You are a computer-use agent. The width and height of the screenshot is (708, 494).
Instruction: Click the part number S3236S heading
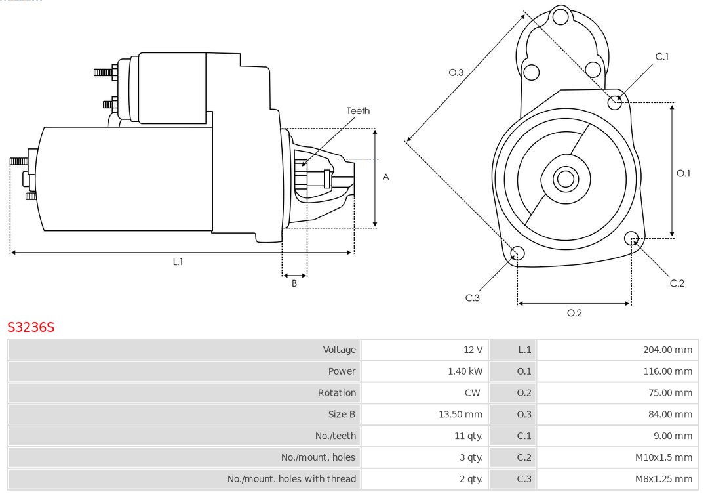point(31,327)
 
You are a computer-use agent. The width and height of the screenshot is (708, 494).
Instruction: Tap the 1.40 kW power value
point(465,371)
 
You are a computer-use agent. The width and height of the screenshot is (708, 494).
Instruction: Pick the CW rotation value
point(472,393)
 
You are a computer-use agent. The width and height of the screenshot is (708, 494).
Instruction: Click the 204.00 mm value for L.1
point(667,350)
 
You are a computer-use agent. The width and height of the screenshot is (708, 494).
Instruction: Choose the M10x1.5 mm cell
point(663,457)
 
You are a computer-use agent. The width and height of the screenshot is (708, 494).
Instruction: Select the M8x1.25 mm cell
point(663,479)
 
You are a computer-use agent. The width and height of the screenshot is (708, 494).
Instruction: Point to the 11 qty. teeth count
point(469,436)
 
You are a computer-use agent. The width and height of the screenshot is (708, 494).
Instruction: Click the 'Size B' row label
point(342,414)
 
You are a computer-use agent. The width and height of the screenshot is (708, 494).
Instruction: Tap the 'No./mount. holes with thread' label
point(292,479)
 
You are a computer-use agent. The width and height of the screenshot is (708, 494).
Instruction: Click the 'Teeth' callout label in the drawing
point(358,111)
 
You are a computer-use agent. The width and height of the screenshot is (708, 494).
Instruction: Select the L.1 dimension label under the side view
point(178,262)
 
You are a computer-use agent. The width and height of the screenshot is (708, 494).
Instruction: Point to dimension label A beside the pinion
point(386,177)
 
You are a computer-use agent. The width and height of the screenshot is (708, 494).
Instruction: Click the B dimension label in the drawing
point(294,283)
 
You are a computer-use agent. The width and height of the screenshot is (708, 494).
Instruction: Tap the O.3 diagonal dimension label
point(456,72)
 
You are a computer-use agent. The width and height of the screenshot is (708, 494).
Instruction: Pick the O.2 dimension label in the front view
point(574,313)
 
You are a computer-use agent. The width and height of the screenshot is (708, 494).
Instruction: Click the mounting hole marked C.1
point(615,102)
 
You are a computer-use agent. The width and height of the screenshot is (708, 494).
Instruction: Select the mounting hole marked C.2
point(632,237)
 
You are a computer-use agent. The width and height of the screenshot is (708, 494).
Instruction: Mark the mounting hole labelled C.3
point(517,253)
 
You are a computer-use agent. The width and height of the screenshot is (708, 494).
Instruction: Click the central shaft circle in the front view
point(564,178)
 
